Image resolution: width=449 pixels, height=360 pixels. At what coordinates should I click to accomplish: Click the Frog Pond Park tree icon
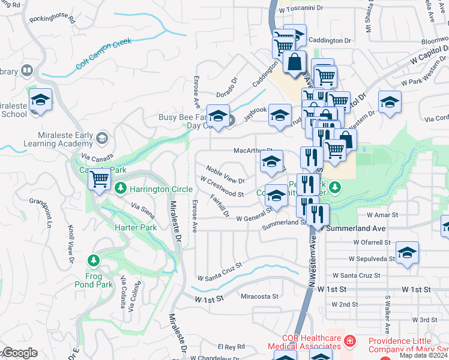(x=93, y=260)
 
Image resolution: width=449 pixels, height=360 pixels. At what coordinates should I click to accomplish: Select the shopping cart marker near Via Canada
(x=100, y=178)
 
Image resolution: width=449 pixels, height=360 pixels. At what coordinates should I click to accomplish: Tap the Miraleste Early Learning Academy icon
(x=102, y=138)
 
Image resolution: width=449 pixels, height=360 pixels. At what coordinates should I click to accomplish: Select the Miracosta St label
(x=259, y=296)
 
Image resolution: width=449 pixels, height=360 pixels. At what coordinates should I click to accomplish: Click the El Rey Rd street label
(x=232, y=347)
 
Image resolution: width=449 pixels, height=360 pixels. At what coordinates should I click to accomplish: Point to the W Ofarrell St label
(x=372, y=242)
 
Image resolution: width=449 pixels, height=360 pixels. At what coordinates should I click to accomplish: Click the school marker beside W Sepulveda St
(x=407, y=253)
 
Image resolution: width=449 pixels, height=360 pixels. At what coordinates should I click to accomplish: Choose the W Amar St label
(x=382, y=214)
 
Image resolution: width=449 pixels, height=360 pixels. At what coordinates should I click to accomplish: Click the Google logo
(x=19, y=353)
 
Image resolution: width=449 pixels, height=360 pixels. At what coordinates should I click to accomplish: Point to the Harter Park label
(x=136, y=228)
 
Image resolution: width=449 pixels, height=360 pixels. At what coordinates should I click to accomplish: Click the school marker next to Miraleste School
(x=40, y=100)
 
